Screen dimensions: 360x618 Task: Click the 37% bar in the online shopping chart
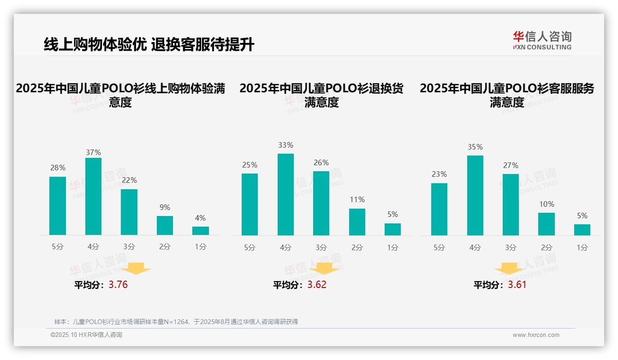click(94, 196)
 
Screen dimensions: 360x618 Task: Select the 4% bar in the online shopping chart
click(201, 231)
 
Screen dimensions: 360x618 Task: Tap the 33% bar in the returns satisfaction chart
click(285, 194)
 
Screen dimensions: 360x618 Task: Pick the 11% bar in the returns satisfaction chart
click(357, 222)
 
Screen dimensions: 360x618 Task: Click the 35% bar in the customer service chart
click(475, 195)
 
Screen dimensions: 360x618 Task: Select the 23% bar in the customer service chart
click(439, 209)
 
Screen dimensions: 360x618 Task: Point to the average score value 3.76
click(118, 285)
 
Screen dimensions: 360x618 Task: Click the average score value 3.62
click(317, 285)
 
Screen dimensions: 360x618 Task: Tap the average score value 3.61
click(517, 285)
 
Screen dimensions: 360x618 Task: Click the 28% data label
click(58, 168)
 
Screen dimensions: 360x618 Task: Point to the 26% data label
click(321, 163)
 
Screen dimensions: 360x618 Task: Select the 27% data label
click(511, 165)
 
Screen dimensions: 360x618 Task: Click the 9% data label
click(165, 208)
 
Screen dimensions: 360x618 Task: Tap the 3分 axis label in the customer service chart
click(511, 248)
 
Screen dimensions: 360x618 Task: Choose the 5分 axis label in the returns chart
click(250, 248)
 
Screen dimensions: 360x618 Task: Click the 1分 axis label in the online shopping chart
click(201, 247)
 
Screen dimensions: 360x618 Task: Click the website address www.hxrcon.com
click(535, 335)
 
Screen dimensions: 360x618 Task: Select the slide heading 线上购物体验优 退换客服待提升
click(149, 45)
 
